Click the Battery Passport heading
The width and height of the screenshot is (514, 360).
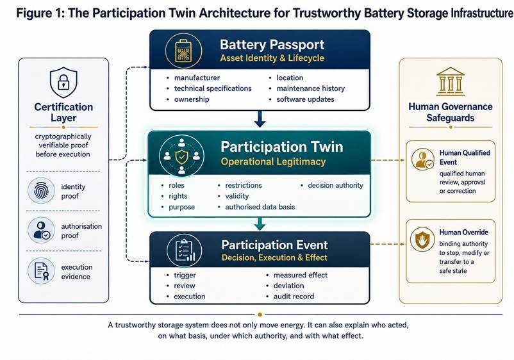272,45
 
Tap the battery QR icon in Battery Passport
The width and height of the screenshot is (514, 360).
183,51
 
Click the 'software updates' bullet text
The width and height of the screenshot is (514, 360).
305,99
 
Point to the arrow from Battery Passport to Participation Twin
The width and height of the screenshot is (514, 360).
260,119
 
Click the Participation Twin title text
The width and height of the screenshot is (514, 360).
282,147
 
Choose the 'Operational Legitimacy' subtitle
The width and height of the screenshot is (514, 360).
273,161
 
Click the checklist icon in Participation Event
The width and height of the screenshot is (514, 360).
185,250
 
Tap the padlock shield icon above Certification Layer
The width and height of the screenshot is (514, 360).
63,82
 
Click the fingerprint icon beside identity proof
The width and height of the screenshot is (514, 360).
41,191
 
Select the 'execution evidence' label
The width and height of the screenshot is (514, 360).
77,272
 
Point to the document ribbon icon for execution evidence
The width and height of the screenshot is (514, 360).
41,271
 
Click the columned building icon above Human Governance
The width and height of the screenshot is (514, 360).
450,82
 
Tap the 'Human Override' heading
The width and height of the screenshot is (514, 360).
463,233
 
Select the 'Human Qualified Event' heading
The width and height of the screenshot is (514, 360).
465,158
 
